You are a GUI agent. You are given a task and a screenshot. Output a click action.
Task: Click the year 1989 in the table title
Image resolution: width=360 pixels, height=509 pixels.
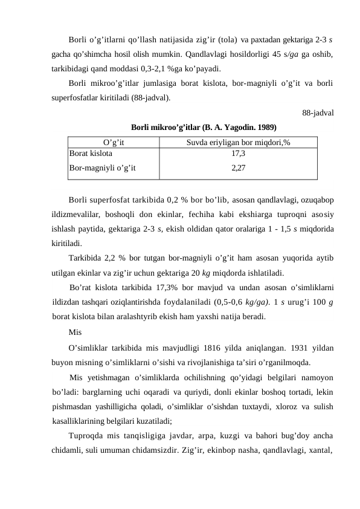[x=266, y=128]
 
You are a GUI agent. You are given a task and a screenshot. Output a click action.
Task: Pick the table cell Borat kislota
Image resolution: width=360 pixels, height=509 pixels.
[x=91, y=154]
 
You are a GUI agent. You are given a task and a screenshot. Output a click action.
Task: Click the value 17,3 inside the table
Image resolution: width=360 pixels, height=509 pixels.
[x=238, y=154]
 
